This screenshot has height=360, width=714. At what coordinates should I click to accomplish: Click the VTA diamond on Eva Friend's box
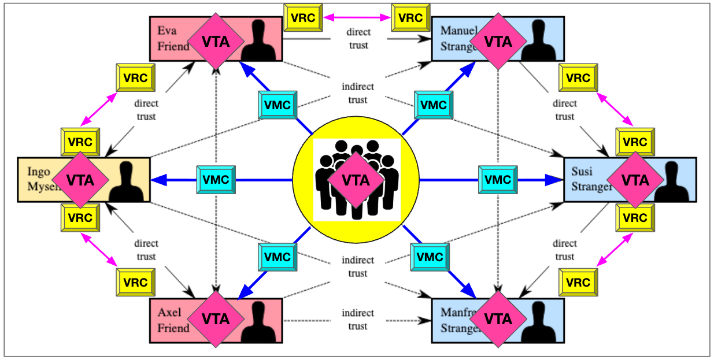(x=216, y=42)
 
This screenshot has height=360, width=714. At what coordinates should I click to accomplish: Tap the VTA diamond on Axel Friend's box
(x=216, y=319)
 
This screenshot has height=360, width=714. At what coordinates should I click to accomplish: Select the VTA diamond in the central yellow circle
(x=356, y=180)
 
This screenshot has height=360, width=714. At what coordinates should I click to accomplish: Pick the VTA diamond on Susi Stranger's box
(x=635, y=180)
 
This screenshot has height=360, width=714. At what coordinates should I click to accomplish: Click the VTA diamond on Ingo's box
(x=80, y=180)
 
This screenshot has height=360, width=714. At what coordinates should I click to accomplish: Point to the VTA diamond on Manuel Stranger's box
(x=498, y=42)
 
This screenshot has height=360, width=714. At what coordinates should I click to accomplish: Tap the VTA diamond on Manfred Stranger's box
(x=498, y=319)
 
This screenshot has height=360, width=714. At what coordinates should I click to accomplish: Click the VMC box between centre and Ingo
(x=216, y=180)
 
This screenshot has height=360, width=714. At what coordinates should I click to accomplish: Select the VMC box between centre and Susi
(x=497, y=180)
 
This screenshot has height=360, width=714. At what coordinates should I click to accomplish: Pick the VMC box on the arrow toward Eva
(x=278, y=106)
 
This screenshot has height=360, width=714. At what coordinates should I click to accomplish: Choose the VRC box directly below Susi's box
(x=635, y=218)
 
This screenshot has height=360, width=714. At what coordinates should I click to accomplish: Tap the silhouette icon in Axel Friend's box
(x=258, y=323)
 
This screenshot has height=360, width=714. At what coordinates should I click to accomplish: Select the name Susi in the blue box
(x=582, y=171)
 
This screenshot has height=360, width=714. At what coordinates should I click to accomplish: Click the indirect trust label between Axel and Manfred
(x=357, y=320)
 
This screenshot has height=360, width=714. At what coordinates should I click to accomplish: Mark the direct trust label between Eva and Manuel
(x=358, y=38)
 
